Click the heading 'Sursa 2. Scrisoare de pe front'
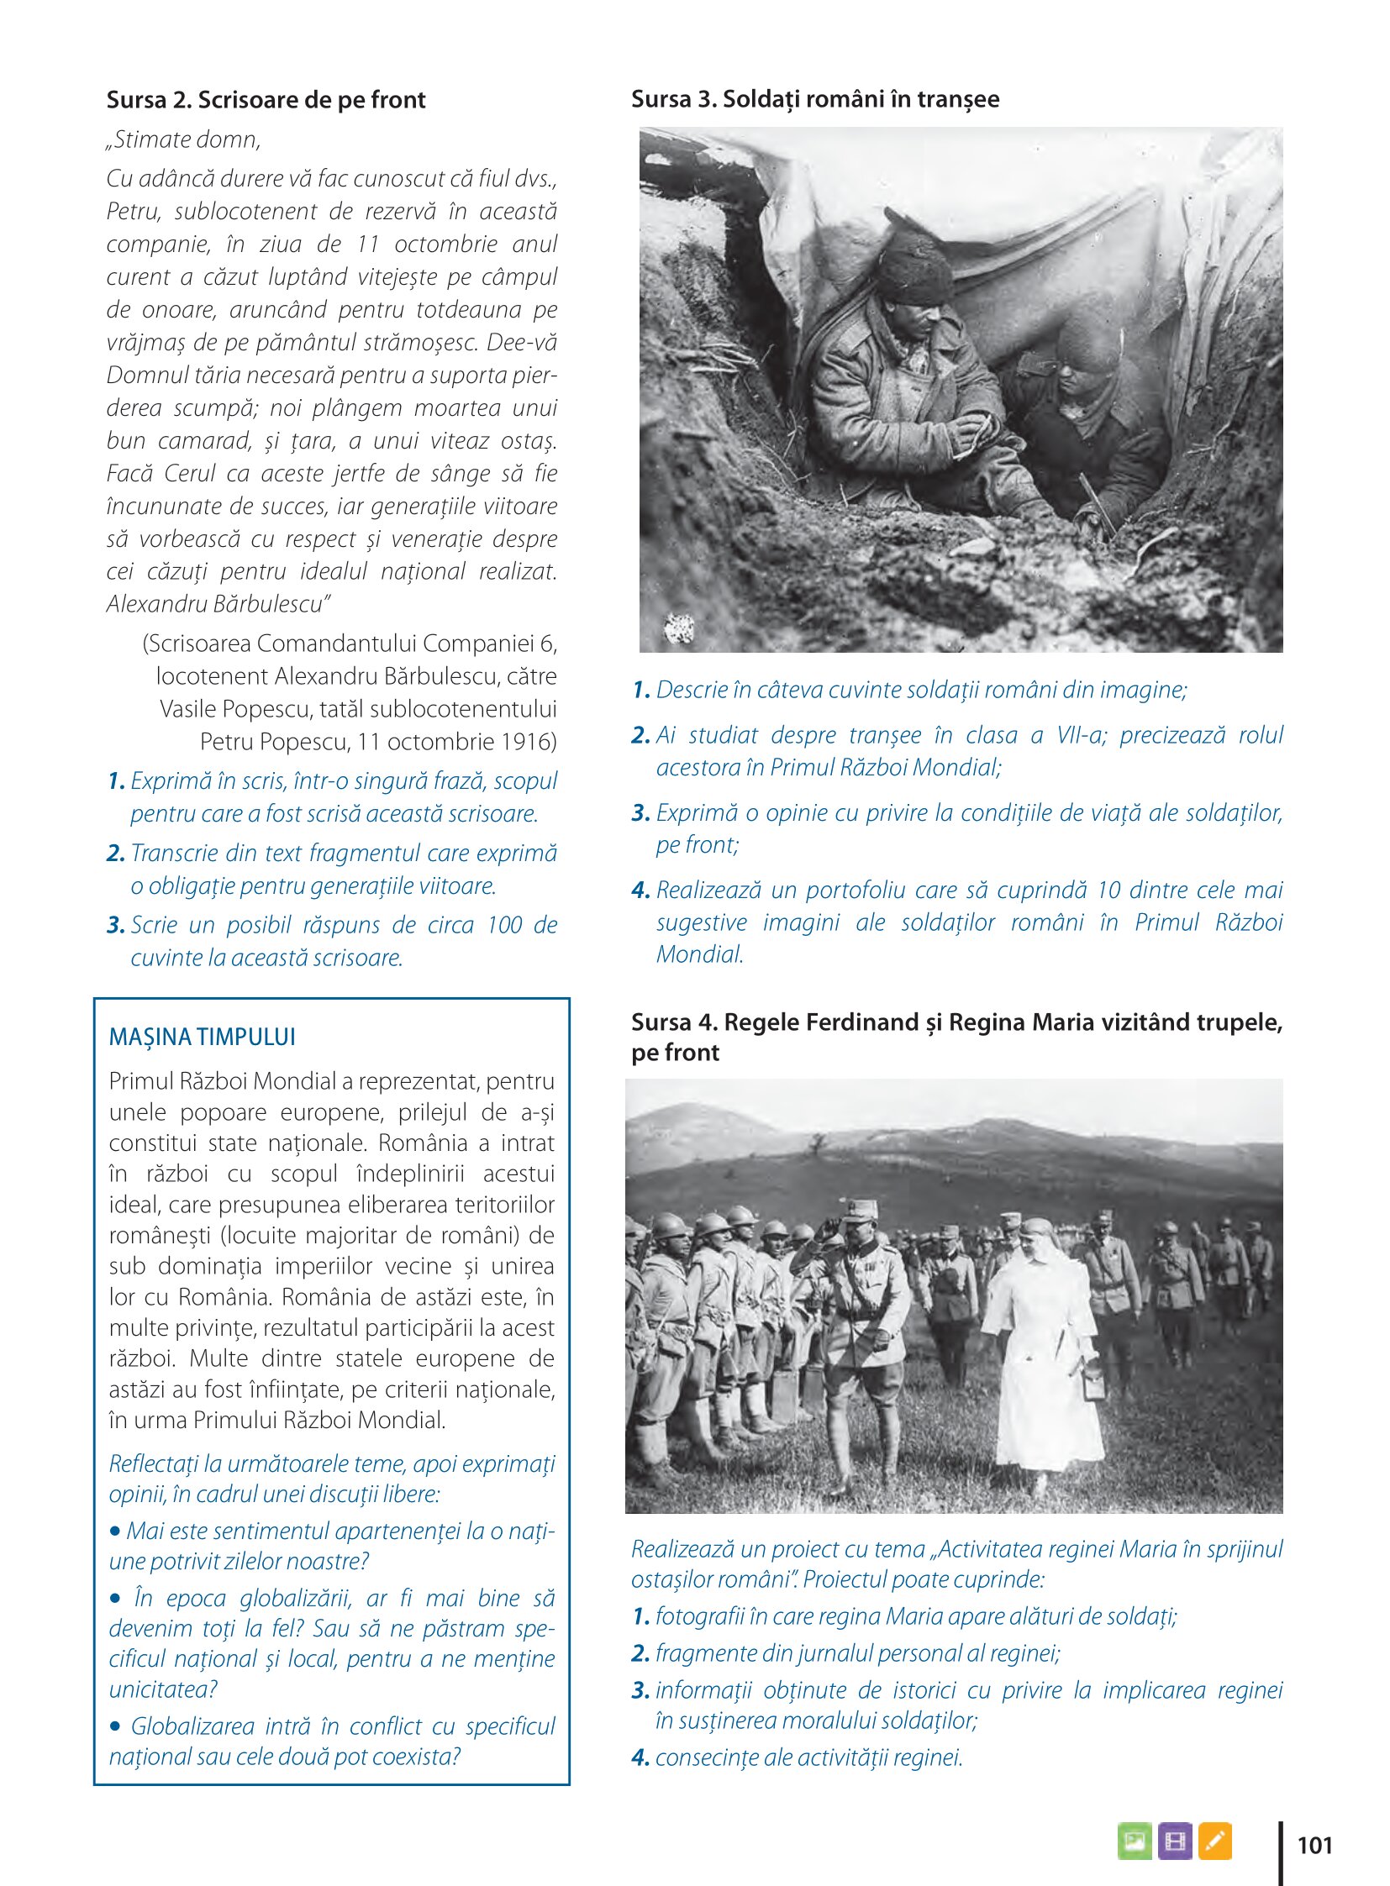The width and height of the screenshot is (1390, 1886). point(266,100)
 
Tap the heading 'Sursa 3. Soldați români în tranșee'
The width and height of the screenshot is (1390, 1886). point(814,99)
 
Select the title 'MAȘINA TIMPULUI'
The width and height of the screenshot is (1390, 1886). point(202,1038)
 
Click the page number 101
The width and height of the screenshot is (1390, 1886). point(1314,1846)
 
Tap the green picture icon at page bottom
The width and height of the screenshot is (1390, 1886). point(1135,1841)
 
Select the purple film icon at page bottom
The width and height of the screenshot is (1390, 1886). point(1175,1841)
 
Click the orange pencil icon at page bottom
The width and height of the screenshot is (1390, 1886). point(1214,1841)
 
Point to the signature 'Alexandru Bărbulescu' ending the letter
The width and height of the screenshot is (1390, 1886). point(214,604)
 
